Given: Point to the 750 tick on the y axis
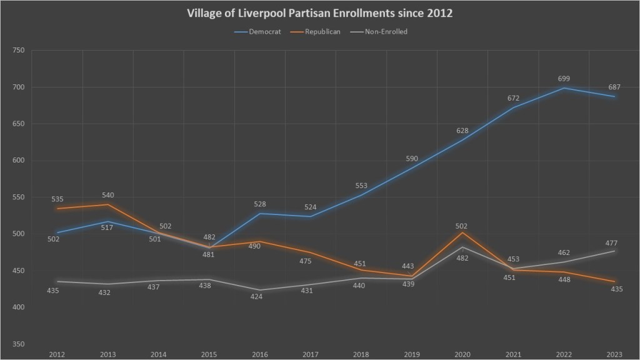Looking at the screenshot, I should (18, 51).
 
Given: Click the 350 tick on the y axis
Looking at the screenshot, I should (18, 344).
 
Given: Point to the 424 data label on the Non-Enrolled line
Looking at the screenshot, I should (256, 296).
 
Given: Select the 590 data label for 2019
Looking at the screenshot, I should (412, 159).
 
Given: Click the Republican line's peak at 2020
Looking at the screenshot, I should (462, 232).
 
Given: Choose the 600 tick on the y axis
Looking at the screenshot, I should (18, 161).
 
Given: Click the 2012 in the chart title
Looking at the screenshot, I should (439, 13).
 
